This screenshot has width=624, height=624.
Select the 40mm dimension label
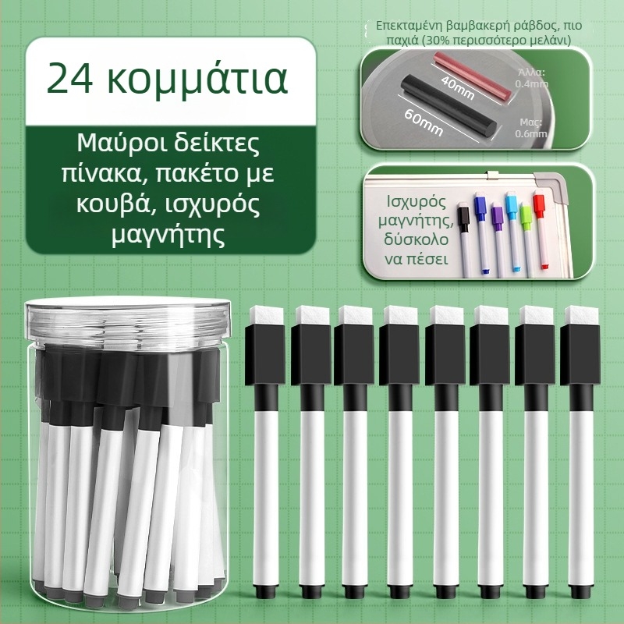[457, 87]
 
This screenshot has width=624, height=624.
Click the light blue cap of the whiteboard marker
[512, 205]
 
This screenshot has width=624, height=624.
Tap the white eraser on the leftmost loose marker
[265, 314]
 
